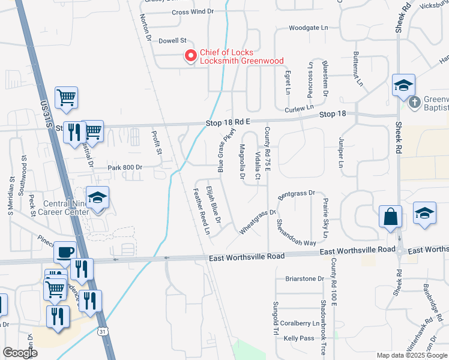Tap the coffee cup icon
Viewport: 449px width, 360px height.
[x=65, y=252]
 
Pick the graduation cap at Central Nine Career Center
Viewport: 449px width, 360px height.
[x=97, y=198]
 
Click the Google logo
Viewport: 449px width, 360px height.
[x=20, y=353]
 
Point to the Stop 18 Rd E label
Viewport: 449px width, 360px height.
[x=229, y=122]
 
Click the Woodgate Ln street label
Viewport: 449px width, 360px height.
[x=309, y=28]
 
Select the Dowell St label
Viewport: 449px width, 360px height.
[x=173, y=41]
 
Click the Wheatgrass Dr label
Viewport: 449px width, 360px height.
[x=257, y=221]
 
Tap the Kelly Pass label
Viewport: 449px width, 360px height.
[x=299, y=338]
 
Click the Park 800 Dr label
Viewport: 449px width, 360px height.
[x=125, y=168]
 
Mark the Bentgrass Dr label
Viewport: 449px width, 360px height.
[x=296, y=194]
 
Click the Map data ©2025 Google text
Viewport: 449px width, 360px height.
[x=412, y=355]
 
